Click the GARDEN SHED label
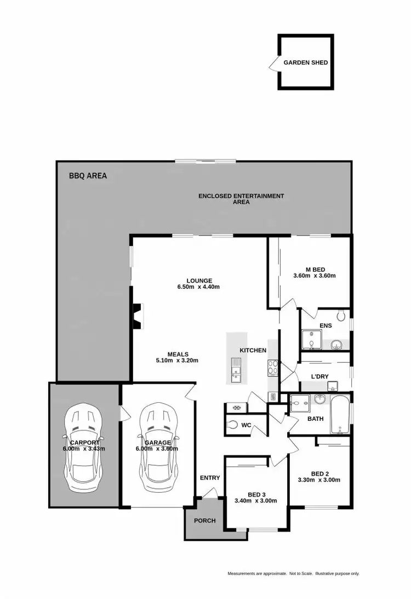305,62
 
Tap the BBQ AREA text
88,176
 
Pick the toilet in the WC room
232,424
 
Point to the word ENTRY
210,478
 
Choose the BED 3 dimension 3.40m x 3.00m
255,500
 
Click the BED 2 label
319,474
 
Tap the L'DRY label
319,377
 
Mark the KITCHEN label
253,350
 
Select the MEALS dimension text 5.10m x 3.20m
177,361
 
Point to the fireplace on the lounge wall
136,316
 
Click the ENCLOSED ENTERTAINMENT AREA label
241,199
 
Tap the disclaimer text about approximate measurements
293,574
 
